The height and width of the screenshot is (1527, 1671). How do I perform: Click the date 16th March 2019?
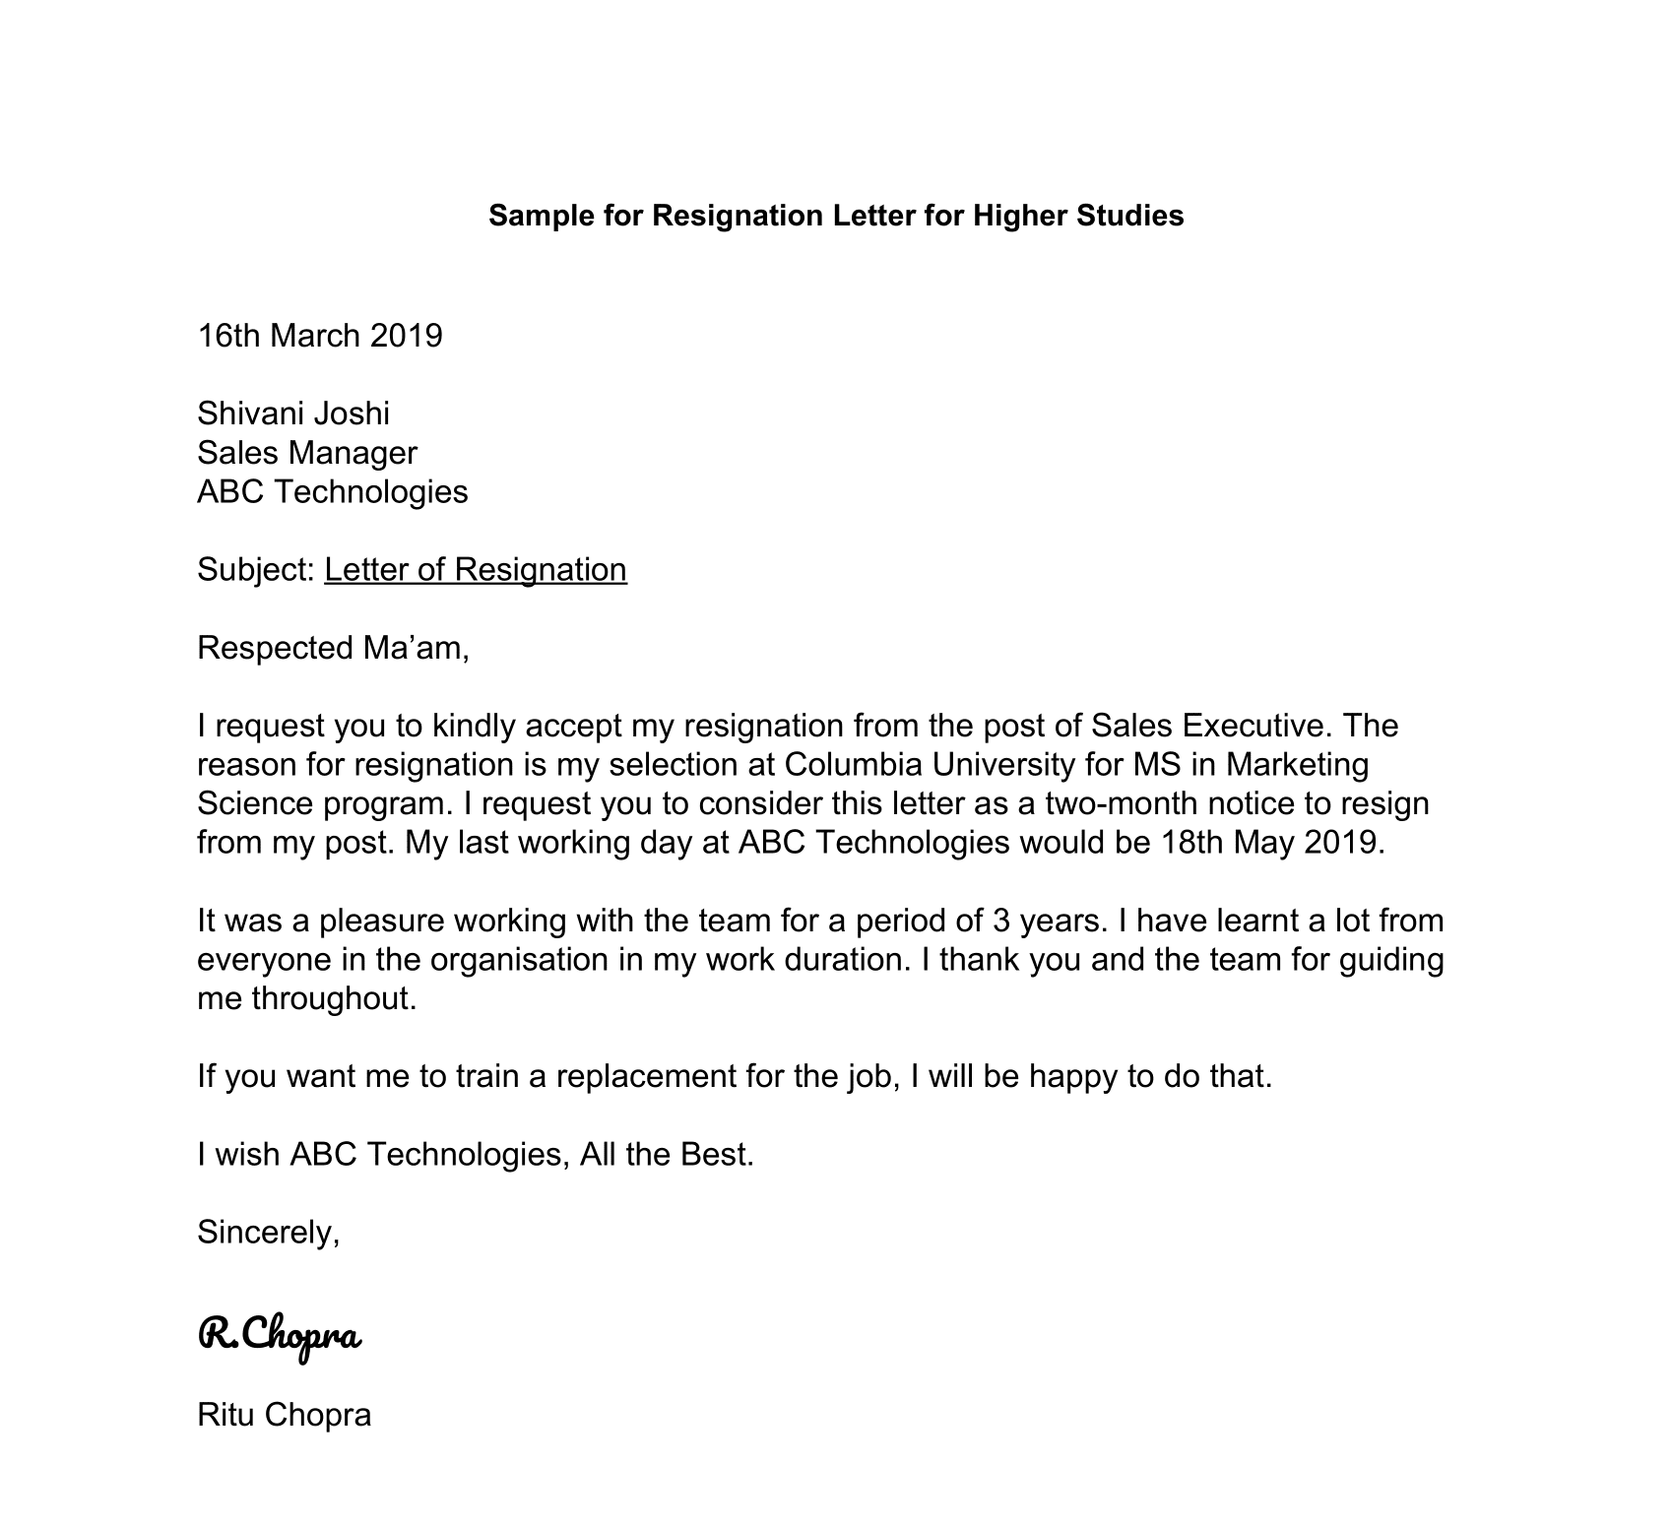click(x=320, y=336)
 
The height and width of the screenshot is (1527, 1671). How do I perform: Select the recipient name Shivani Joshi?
click(x=293, y=414)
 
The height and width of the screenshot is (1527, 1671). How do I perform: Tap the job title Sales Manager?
click(x=307, y=453)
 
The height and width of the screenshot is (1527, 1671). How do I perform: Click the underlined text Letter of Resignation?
click(x=475, y=570)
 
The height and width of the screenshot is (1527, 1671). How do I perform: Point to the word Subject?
click(x=255, y=570)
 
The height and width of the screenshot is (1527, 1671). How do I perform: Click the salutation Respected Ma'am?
click(x=333, y=648)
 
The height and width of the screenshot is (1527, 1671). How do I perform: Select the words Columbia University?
click(x=925, y=765)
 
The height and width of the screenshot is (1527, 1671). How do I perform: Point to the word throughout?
click(x=334, y=998)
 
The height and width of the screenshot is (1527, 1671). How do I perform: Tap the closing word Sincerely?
click(x=269, y=1232)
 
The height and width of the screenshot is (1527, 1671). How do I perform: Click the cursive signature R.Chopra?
click(x=281, y=1336)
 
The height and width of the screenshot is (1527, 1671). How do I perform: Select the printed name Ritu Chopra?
click(x=285, y=1416)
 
